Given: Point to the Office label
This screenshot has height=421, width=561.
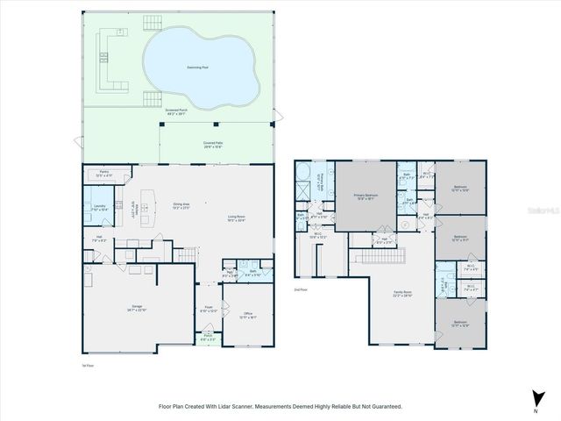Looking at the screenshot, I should [x=249, y=315].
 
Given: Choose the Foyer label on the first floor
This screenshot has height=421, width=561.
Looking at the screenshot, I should [x=208, y=310].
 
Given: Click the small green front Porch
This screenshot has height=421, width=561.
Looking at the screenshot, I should [x=209, y=338].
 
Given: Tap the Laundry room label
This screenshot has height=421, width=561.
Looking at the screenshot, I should [x=99, y=208].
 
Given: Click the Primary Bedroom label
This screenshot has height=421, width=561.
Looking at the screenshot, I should [x=365, y=197].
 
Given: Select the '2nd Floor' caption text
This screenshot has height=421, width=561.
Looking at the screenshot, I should [x=302, y=289].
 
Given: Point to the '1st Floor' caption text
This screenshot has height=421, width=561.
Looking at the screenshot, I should [x=87, y=365].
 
